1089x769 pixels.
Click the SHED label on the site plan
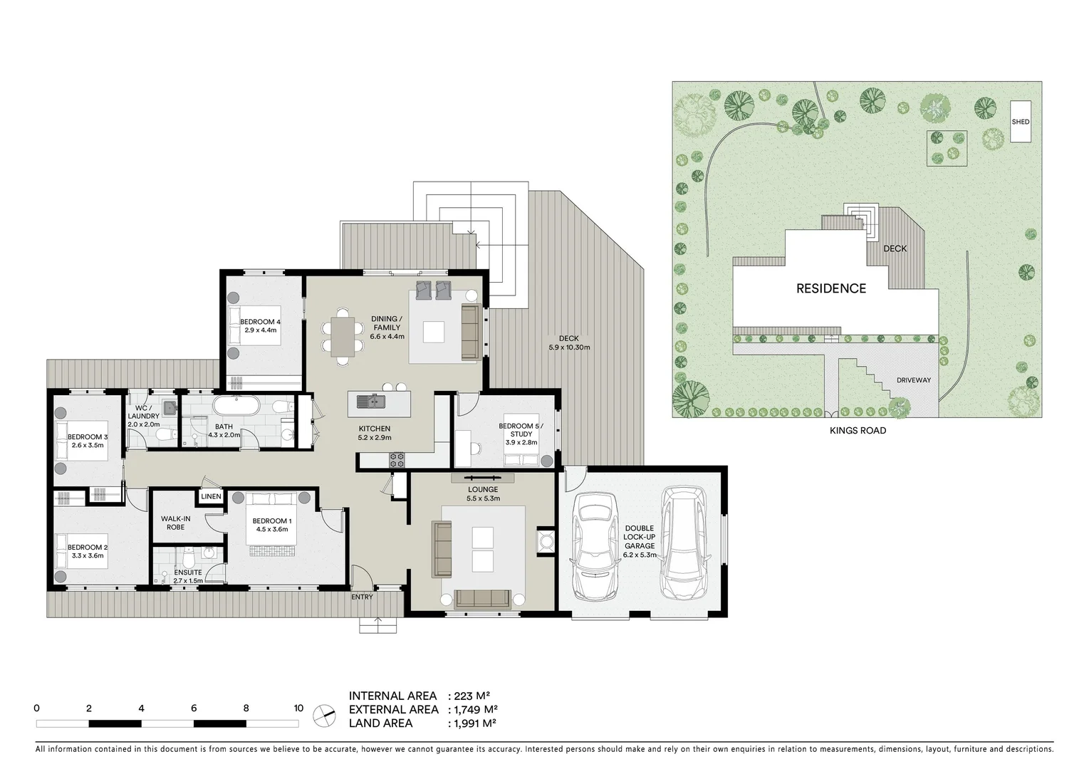1020,122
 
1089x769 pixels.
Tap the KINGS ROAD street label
858,431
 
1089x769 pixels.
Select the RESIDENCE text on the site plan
830,288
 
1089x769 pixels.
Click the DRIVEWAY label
913,380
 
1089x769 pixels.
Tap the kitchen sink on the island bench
371,402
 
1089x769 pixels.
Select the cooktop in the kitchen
397,460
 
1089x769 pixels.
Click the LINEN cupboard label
211,496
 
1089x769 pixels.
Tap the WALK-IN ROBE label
175,523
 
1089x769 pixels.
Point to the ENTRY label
362,597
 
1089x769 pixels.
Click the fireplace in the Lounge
546,540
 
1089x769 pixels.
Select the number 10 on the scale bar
298,708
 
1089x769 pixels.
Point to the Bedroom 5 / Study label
521,434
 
